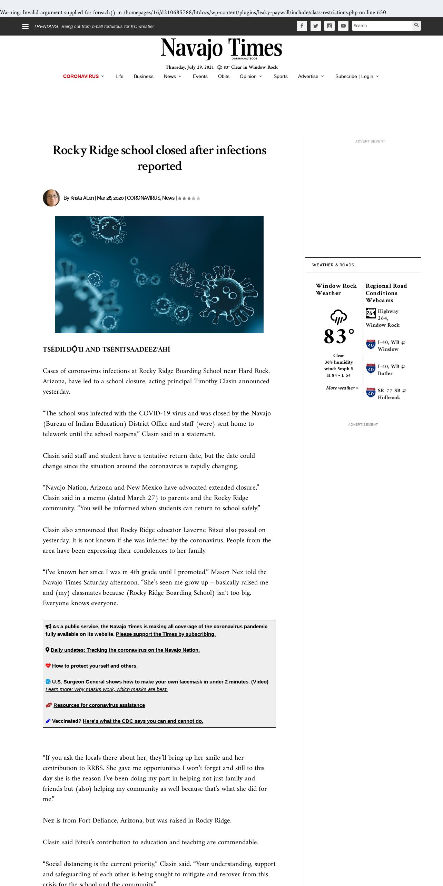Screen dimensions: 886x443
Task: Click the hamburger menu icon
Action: point(25,27)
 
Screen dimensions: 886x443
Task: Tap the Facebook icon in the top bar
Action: point(302,26)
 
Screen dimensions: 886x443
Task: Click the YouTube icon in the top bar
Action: point(343,26)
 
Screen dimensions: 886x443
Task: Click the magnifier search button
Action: point(416,26)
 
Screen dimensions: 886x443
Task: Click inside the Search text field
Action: point(382,26)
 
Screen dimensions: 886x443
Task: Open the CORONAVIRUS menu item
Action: point(81,76)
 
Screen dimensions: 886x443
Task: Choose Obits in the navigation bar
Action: point(224,76)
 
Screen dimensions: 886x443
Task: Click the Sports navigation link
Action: point(280,76)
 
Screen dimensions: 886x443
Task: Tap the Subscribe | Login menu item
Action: point(354,76)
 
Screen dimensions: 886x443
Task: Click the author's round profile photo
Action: point(51,198)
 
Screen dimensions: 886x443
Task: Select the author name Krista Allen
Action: point(82,198)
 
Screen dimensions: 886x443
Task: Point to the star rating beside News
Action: point(189,198)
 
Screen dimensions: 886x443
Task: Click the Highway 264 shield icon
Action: point(371,313)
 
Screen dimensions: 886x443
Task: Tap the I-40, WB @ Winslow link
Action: point(391,346)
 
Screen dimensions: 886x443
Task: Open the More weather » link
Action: point(342,388)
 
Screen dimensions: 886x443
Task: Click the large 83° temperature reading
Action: point(339,336)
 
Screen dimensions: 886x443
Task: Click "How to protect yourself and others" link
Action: point(95,666)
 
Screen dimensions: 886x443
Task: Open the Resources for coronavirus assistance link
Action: point(99,705)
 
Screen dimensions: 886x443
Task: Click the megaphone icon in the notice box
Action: point(49,627)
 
